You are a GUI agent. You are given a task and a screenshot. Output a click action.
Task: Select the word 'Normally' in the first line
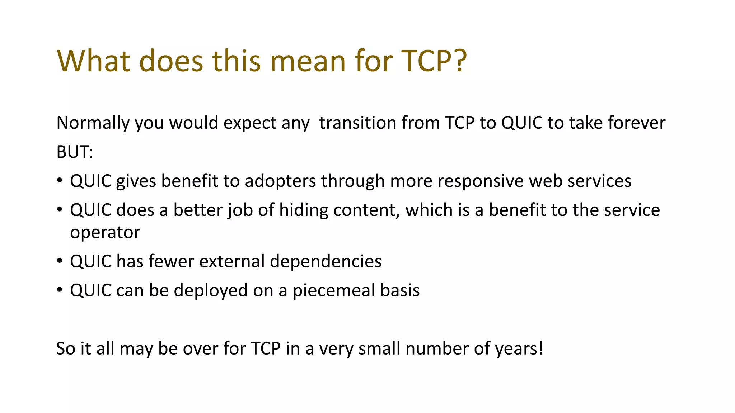pos(93,123)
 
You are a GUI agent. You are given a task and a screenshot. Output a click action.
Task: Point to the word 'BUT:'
pos(75,152)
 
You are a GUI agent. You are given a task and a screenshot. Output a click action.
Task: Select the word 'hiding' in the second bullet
pos(304,210)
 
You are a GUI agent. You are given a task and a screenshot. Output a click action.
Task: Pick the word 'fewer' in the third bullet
pos(171,261)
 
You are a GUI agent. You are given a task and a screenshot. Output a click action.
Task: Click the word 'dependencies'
pos(326,261)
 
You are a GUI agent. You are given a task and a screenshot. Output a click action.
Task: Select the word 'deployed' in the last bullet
pos(211,291)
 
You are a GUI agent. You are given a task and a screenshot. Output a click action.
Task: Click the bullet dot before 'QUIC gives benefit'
pos(60,180)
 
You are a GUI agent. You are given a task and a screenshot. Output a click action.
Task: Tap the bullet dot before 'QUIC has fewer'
pos(60,260)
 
